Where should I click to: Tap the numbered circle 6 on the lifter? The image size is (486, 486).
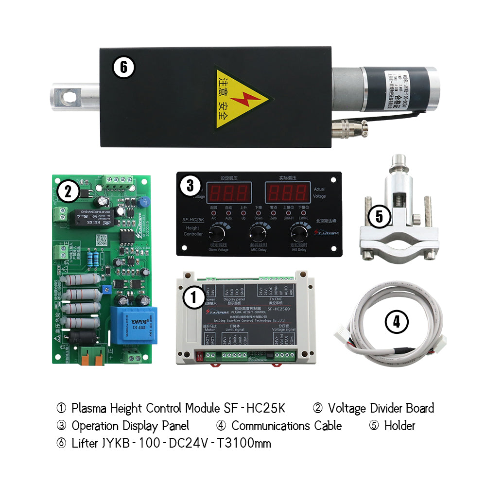[x=123, y=67]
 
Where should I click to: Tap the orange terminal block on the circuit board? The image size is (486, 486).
[x=92, y=356]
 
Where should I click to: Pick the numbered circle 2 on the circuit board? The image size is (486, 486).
[x=68, y=191]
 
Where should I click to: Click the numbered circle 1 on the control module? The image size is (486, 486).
[x=194, y=297]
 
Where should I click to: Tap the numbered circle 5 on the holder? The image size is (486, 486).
[x=379, y=217]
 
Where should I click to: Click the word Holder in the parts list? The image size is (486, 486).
[x=399, y=426]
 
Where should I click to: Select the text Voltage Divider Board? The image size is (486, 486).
[x=381, y=408]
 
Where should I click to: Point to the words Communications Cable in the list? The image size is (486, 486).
[x=286, y=426]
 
